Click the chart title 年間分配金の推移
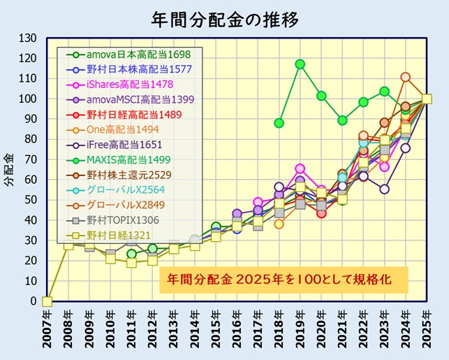coord(225,20)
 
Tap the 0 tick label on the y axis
coord(33,302)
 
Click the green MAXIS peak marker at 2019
coord(300,64)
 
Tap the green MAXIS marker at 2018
coord(279,123)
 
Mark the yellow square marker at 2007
coord(47,301)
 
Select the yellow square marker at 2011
coord(131,263)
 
